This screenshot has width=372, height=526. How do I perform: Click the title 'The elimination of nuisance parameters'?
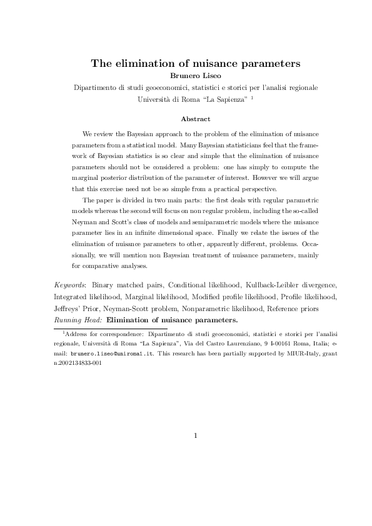[196, 63]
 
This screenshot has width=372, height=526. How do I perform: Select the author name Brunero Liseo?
[196, 76]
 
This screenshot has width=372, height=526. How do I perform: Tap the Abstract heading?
[195, 119]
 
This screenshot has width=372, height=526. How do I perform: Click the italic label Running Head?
[78, 320]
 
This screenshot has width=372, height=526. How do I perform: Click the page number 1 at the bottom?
[196, 435]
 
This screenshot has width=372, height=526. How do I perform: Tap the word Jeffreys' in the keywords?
[69, 309]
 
